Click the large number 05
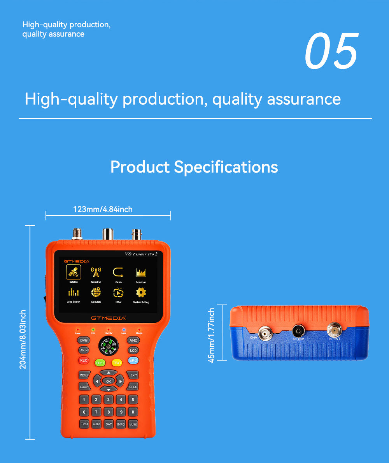(331, 52)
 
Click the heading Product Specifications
(194, 167)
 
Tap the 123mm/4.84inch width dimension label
(103, 209)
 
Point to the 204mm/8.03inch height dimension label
(23, 340)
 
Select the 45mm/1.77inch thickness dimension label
(212, 335)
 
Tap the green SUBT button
(100, 363)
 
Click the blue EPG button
(133, 361)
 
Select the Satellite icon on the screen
(74, 272)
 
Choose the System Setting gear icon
(141, 292)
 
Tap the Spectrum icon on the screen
(141, 272)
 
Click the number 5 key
(133, 400)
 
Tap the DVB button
(84, 340)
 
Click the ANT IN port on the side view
(298, 331)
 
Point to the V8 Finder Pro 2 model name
(141, 254)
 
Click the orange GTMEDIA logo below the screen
(109, 318)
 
